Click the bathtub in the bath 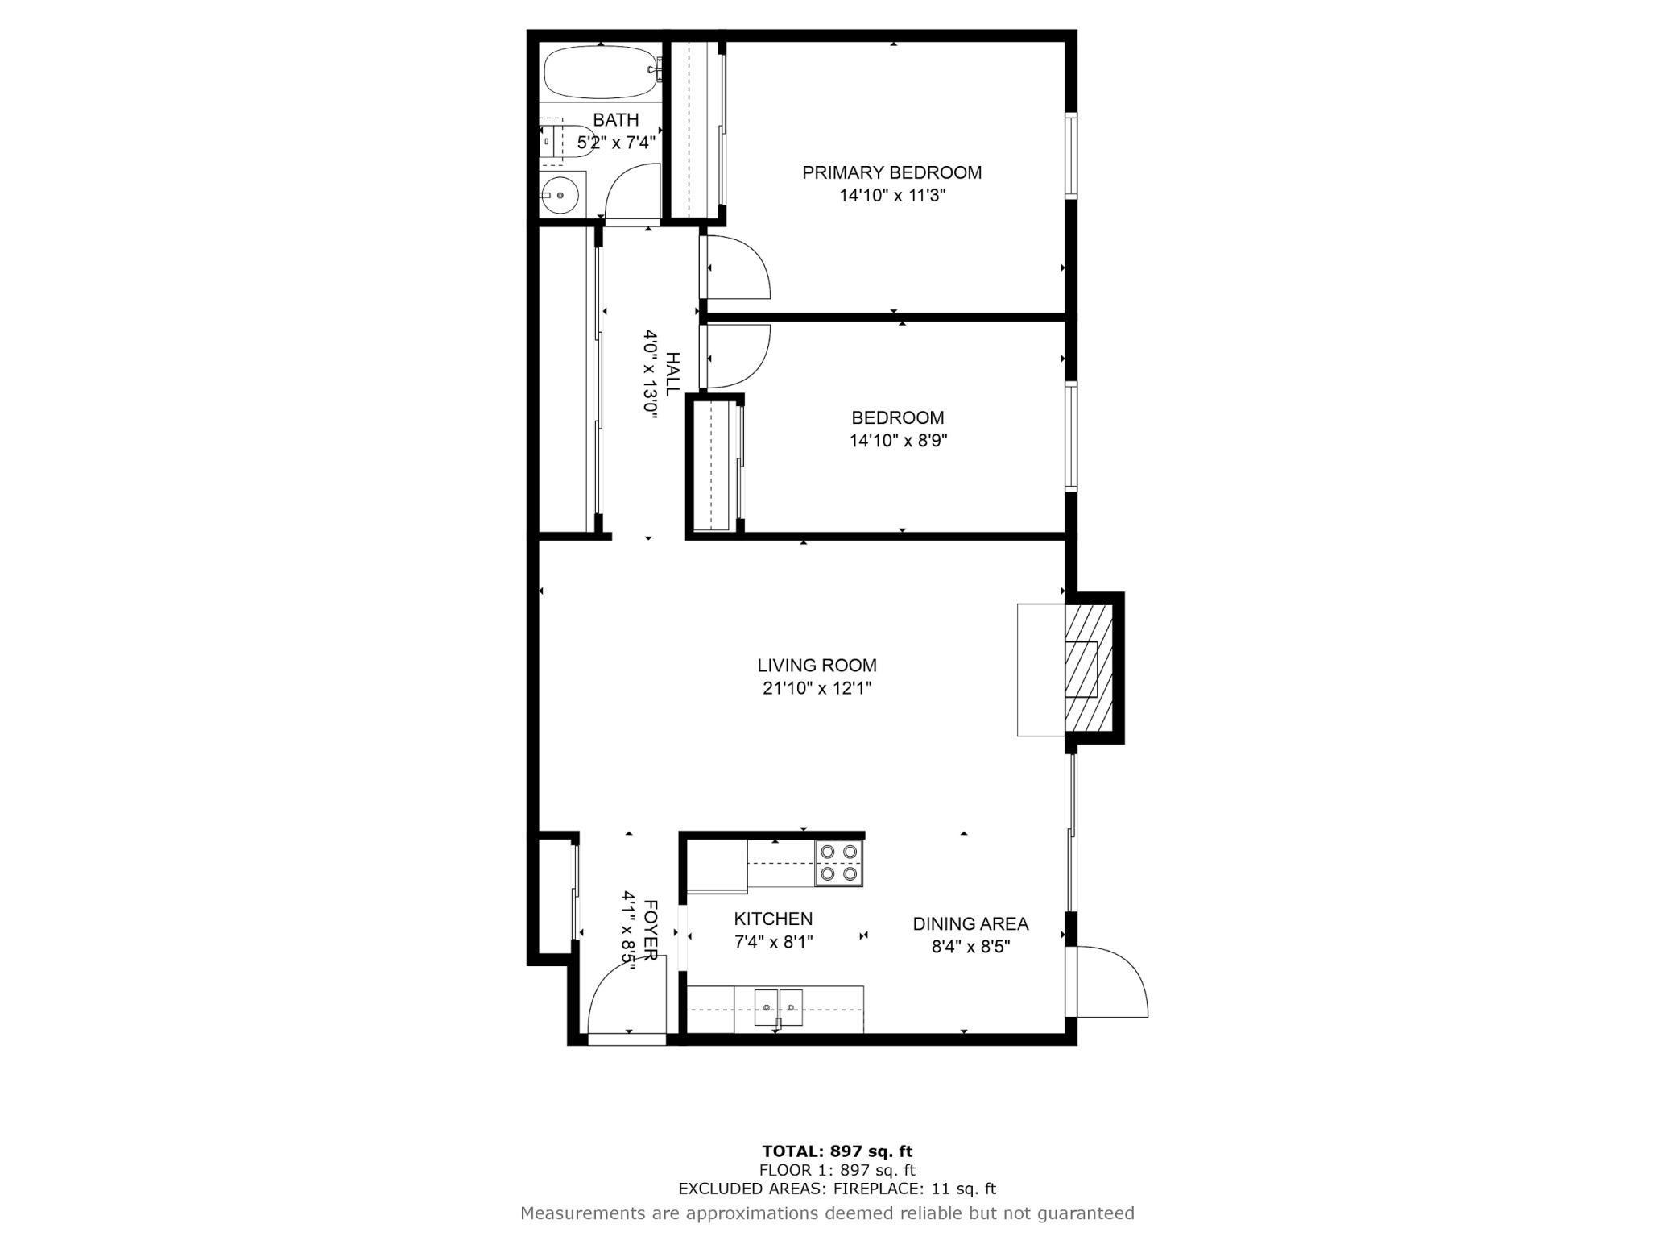click(x=602, y=73)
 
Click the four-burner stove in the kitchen click(x=838, y=863)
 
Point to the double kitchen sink click(x=779, y=1007)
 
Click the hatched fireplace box click(x=1089, y=668)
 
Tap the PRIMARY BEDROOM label click(x=891, y=172)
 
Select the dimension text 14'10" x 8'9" click(x=898, y=441)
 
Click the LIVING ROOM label click(x=817, y=666)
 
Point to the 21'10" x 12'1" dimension click(x=817, y=688)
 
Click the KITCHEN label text click(x=773, y=919)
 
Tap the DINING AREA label click(x=970, y=924)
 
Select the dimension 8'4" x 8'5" click(x=970, y=947)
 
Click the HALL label click(x=672, y=374)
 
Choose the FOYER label click(x=651, y=930)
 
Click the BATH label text click(x=616, y=120)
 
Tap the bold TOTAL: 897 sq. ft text click(x=837, y=1151)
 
